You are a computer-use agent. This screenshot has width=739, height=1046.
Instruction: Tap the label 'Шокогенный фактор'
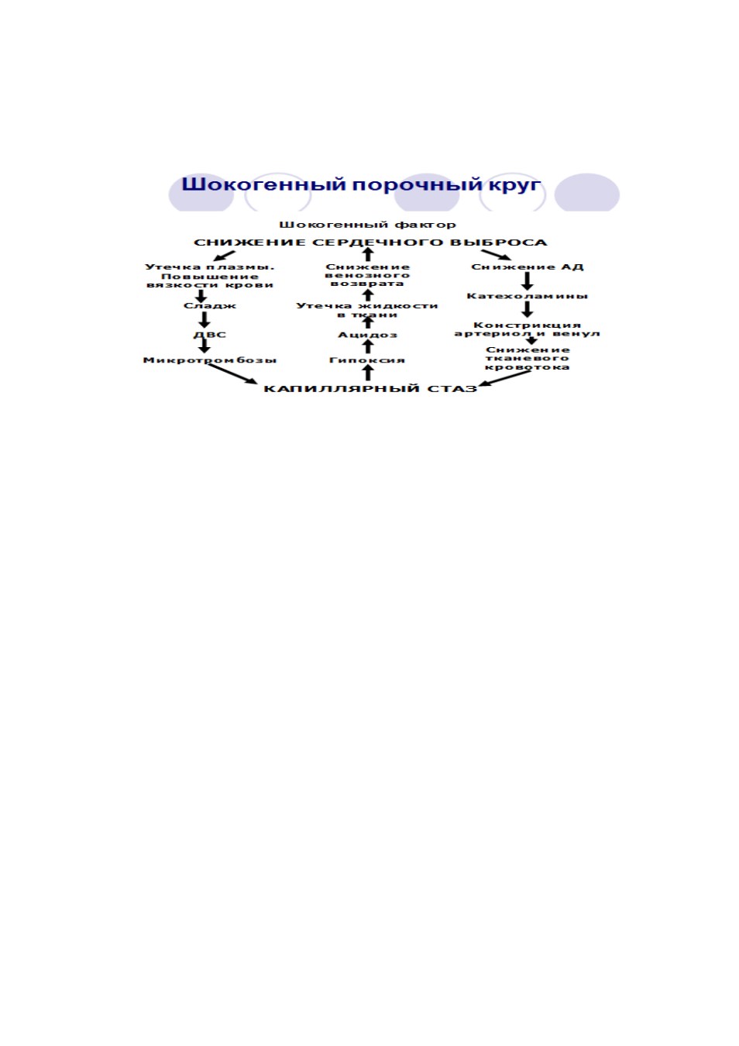coord(367,225)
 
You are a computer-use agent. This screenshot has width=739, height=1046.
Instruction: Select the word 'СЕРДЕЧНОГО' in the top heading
coord(376,243)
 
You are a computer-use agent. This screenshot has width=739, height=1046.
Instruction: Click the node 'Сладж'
coord(210,306)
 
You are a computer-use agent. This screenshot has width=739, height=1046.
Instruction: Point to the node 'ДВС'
coord(210,335)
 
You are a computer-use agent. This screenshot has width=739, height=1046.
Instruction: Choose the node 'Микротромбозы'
coord(210,360)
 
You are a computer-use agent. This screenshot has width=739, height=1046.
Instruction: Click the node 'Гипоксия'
coord(367,360)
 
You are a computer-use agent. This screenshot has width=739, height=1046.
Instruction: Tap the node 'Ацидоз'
coord(367,335)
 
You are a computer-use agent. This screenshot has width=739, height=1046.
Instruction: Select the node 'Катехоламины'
coord(527,296)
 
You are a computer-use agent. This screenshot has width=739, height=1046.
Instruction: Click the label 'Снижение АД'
coord(527,267)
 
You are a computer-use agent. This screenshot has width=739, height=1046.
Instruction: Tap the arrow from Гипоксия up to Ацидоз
coord(368,347)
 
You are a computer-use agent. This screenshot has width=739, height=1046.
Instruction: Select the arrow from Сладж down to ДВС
coord(205,320)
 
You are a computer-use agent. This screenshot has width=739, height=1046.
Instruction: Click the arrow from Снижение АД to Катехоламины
coord(527,281)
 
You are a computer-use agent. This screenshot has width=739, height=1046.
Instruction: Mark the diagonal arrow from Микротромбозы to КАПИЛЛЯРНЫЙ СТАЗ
coord(232,374)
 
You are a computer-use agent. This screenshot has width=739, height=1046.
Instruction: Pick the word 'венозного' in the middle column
coord(367,276)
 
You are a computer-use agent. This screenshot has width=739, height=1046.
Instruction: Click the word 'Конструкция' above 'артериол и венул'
coord(527,325)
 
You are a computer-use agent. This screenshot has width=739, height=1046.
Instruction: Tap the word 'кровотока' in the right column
coord(527,367)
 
